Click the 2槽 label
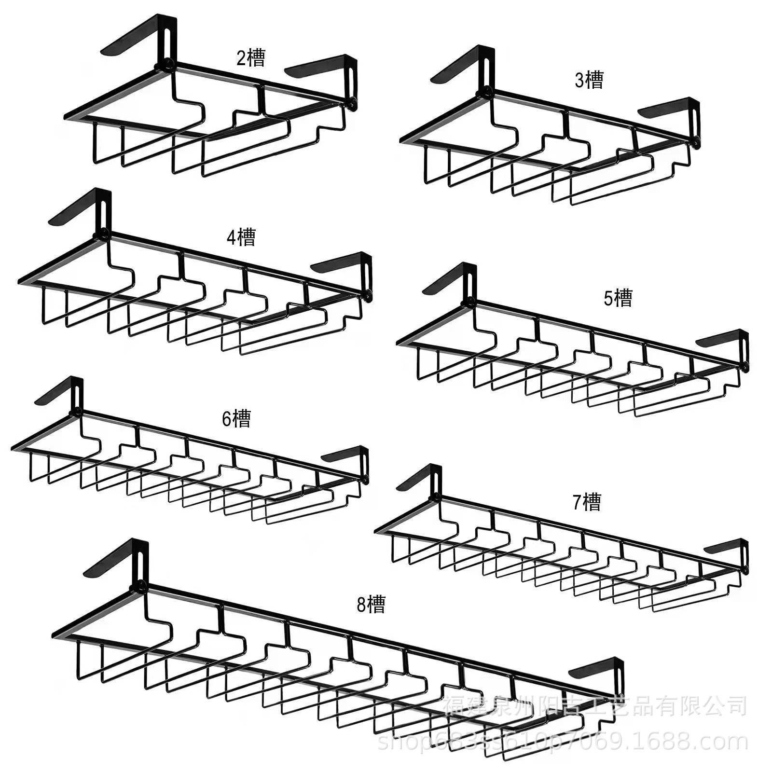[251, 58]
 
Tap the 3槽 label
[589, 80]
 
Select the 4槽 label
[241, 237]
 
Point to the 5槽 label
[618, 298]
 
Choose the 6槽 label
[236, 418]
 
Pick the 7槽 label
[587, 502]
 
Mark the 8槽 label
[371, 604]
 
